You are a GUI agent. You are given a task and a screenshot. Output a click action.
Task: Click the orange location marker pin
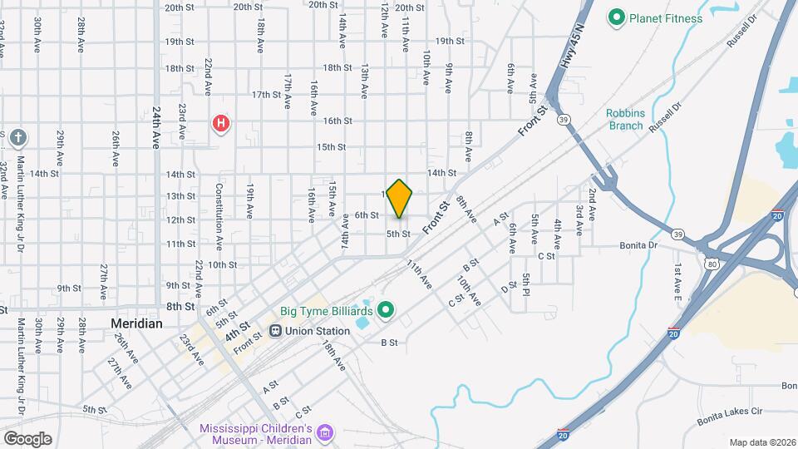(400, 197)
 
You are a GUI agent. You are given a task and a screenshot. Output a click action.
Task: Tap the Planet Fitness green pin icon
(616, 17)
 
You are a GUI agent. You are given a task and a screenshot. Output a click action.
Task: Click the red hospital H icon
(221, 125)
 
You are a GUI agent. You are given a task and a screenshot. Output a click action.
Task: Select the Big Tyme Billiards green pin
(385, 312)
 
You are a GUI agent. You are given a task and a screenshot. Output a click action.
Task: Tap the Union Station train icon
(275, 330)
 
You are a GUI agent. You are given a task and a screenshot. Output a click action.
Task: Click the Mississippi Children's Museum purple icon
(325, 433)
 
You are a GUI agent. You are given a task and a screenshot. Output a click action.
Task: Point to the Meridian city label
(137, 323)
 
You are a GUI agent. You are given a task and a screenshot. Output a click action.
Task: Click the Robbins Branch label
(624, 119)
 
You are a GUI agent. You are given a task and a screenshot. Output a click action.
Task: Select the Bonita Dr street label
(639, 245)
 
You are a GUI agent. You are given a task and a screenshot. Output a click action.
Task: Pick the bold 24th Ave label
(155, 127)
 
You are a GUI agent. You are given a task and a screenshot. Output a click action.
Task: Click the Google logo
(27, 438)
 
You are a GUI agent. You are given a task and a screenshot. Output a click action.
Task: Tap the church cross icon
(20, 137)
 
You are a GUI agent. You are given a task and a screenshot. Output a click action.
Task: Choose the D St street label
(509, 289)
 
